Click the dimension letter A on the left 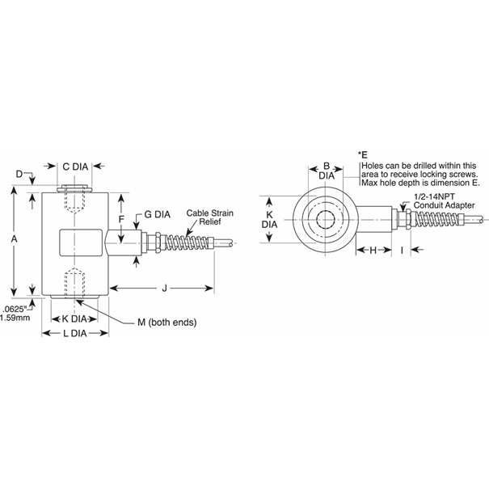14,240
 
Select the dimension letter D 20,174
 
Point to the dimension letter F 120,219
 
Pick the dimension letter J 164,288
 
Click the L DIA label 74,333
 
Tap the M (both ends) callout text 167,322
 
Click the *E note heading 363,154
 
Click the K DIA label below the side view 75,318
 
